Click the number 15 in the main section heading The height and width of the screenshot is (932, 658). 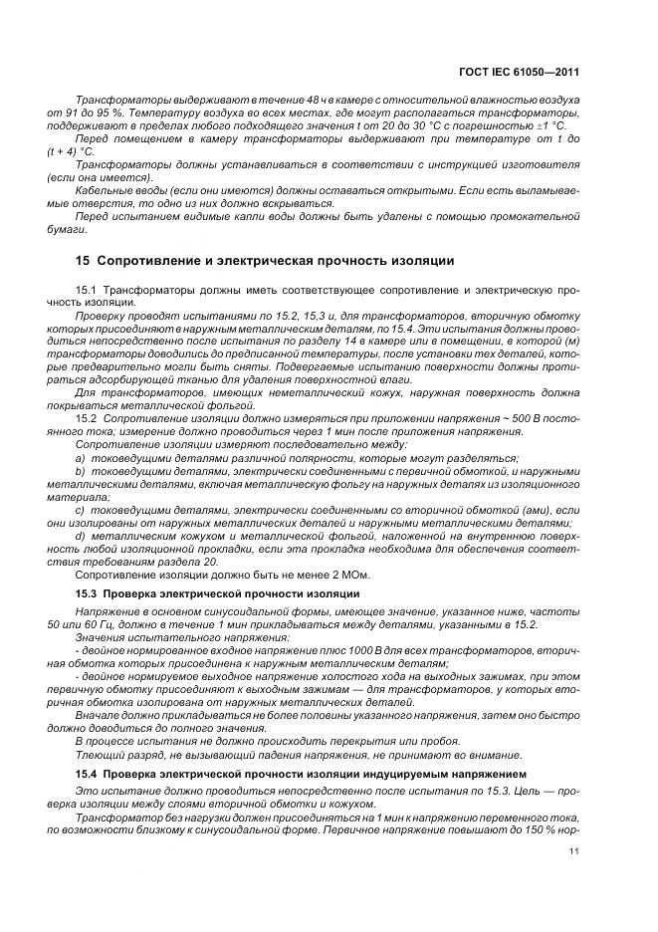(83, 261)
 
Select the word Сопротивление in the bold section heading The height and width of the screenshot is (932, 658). (151, 261)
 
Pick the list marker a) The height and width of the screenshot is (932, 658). (81, 457)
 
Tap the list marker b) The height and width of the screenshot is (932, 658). (81, 470)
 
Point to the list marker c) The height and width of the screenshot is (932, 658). (81, 508)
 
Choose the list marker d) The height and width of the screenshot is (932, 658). (81, 535)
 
